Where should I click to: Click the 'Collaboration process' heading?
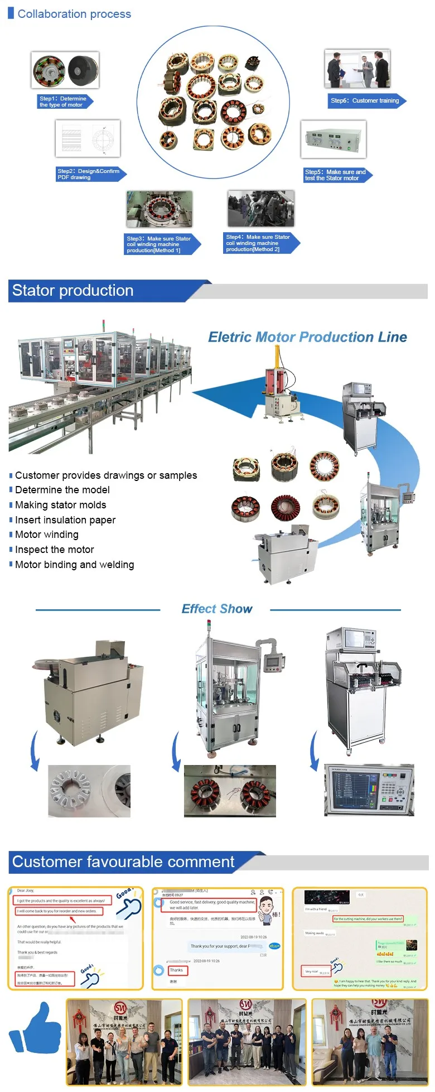(x=74, y=14)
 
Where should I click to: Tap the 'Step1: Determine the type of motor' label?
(x=62, y=102)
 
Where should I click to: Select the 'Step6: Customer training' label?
(x=365, y=101)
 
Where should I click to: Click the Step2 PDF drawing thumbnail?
(x=88, y=138)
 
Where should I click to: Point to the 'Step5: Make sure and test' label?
(x=335, y=175)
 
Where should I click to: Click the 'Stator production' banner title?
(x=73, y=291)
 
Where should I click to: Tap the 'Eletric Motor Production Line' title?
(x=307, y=337)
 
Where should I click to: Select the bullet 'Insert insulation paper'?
(x=65, y=520)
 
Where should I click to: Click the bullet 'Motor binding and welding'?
(x=74, y=565)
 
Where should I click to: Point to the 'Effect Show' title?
(x=217, y=609)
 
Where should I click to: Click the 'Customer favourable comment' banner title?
(x=123, y=862)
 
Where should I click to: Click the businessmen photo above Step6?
(x=357, y=69)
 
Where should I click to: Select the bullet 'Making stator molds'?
(x=60, y=505)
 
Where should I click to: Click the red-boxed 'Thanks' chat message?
(x=177, y=970)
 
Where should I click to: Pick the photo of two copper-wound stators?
(x=230, y=791)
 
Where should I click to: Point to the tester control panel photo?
(x=369, y=790)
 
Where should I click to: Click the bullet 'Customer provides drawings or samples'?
(x=106, y=475)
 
